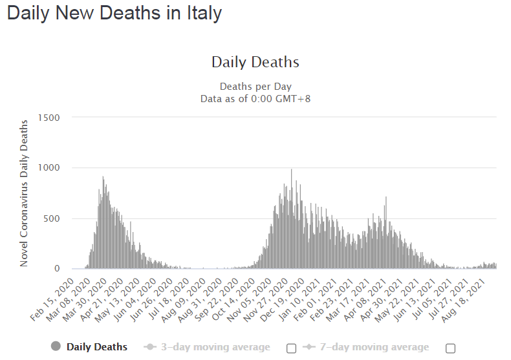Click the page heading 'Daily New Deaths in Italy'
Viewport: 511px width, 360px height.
114,13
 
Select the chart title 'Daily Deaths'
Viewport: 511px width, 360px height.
255,62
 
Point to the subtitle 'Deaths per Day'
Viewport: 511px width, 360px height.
255,86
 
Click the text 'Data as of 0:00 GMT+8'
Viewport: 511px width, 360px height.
255,98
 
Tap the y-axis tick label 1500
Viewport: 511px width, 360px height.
49,118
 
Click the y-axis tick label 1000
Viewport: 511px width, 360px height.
49,168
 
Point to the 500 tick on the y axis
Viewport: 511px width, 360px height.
51,218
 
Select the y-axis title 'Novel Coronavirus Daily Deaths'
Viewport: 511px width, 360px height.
24,193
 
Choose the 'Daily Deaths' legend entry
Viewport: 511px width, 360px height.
97,347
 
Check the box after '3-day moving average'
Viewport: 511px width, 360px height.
291,348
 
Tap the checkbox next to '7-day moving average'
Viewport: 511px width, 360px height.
450,348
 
